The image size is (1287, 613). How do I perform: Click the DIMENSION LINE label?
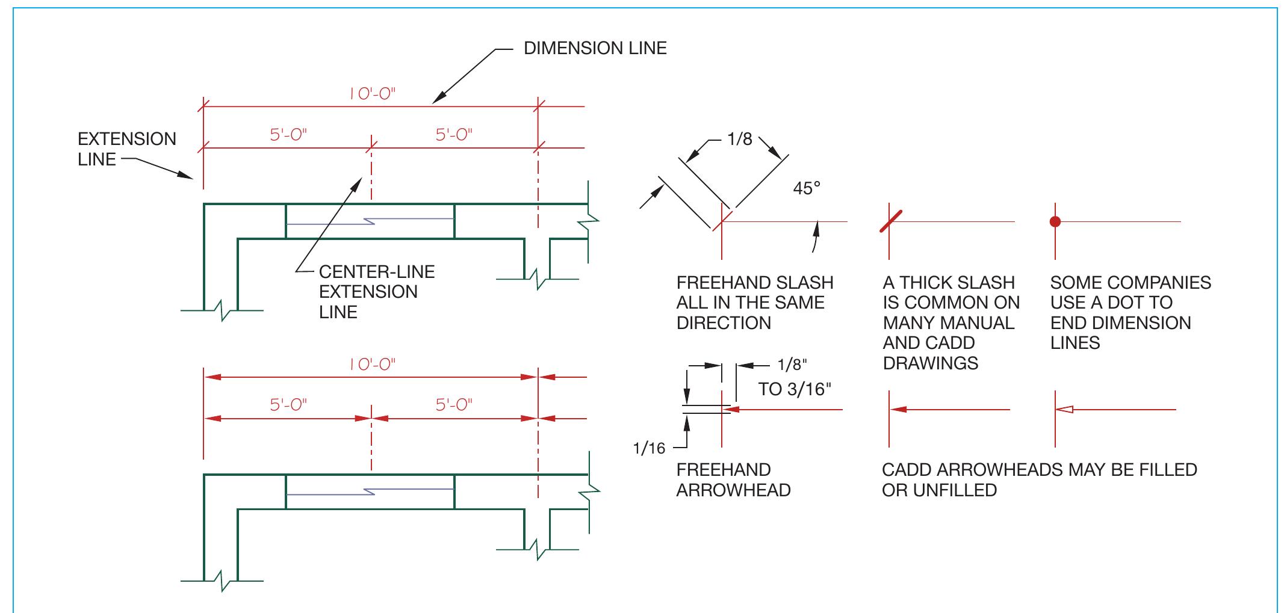pyautogui.click(x=595, y=49)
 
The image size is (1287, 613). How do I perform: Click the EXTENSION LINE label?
pyautogui.click(x=126, y=149)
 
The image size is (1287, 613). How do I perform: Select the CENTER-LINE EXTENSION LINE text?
pyautogui.click(x=376, y=292)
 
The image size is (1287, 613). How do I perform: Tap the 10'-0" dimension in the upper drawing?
pyautogui.click(x=372, y=94)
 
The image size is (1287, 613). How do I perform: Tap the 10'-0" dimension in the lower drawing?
pyautogui.click(x=372, y=365)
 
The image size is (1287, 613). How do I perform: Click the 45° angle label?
pyautogui.click(x=807, y=188)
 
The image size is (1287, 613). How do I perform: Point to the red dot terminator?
pyautogui.click(x=1055, y=222)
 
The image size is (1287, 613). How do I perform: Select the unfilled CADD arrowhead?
pyautogui.click(x=1065, y=410)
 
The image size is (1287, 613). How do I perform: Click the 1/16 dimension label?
pyautogui.click(x=649, y=448)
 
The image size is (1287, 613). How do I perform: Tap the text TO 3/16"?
pyautogui.click(x=794, y=389)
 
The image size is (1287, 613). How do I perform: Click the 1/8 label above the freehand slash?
pyautogui.click(x=739, y=140)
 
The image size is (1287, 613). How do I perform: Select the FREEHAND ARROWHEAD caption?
pyautogui.click(x=733, y=480)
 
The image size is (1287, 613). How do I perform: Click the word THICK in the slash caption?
pyautogui.click(x=927, y=283)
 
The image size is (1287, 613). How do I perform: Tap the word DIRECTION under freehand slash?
pyautogui.click(x=723, y=323)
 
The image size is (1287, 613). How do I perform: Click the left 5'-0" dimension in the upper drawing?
pyautogui.click(x=288, y=135)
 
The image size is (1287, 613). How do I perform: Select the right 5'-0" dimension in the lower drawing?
pyautogui.click(x=454, y=405)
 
